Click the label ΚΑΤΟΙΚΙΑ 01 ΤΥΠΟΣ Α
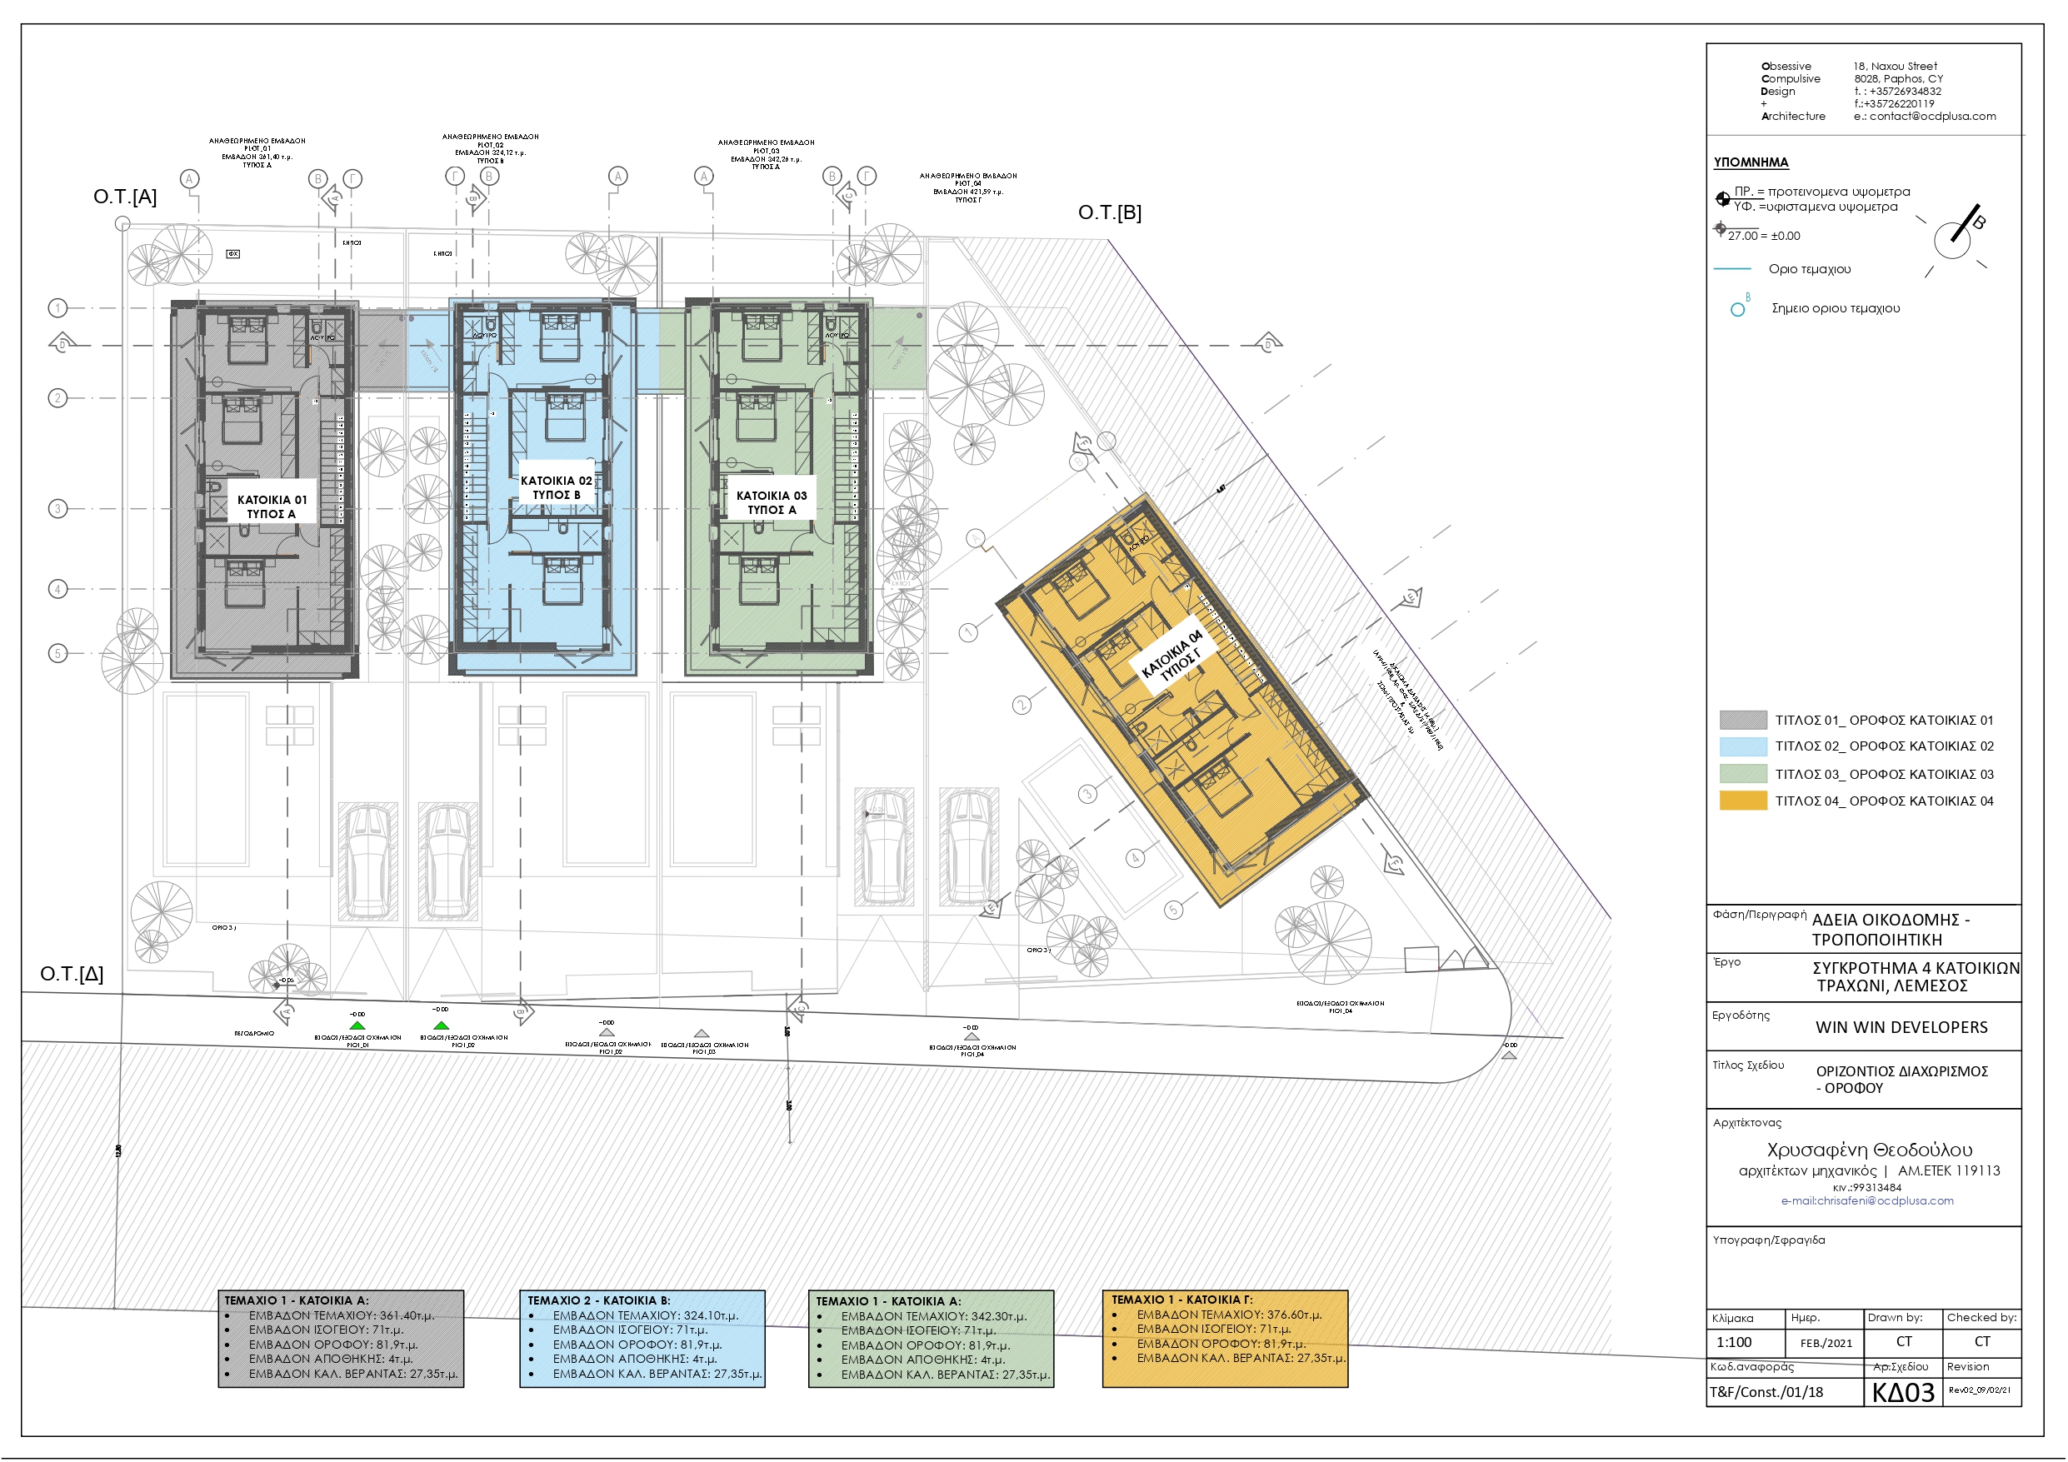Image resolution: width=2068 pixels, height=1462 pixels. pyautogui.click(x=271, y=506)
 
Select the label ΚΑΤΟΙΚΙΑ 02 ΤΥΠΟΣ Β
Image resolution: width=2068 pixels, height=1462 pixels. pyautogui.click(x=556, y=487)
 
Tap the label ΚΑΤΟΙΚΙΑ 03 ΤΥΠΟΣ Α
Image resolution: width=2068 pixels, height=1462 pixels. pyautogui.click(x=771, y=502)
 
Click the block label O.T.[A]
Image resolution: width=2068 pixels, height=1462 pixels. pyautogui.click(x=124, y=197)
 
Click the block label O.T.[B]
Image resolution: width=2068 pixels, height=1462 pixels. pyautogui.click(x=1109, y=212)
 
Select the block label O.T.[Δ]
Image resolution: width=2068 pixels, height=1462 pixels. pyautogui.click(x=71, y=974)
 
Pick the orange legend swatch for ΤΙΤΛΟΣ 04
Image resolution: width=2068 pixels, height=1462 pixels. pyautogui.click(x=1742, y=801)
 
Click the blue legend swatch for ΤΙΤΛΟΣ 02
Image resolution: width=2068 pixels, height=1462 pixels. pyautogui.click(x=1742, y=746)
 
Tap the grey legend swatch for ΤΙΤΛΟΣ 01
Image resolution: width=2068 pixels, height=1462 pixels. pyautogui.click(x=1742, y=720)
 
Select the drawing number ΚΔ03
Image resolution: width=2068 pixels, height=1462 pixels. pyautogui.click(x=1902, y=1393)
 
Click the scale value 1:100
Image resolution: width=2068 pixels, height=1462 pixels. pyautogui.click(x=1733, y=1342)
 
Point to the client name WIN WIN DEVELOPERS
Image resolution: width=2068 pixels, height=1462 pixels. pyautogui.click(x=1901, y=1027)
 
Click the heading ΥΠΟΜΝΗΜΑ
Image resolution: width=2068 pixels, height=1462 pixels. pyautogui.click(x=1750, y=162)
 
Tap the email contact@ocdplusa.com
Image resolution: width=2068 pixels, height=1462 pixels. pyautogui.click(x=1932, y=116)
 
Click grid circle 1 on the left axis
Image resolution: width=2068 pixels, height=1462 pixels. pyautogui.click(x=57, y=308)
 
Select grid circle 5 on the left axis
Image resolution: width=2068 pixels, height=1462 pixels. pyautogui.click(x=57, y=653)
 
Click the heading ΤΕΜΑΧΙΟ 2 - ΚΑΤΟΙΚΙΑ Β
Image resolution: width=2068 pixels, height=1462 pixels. pyautogui.click(x=598, y=1300)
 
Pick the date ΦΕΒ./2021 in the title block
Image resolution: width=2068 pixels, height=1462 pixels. pyautogui.click(x=1826, y=1343)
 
